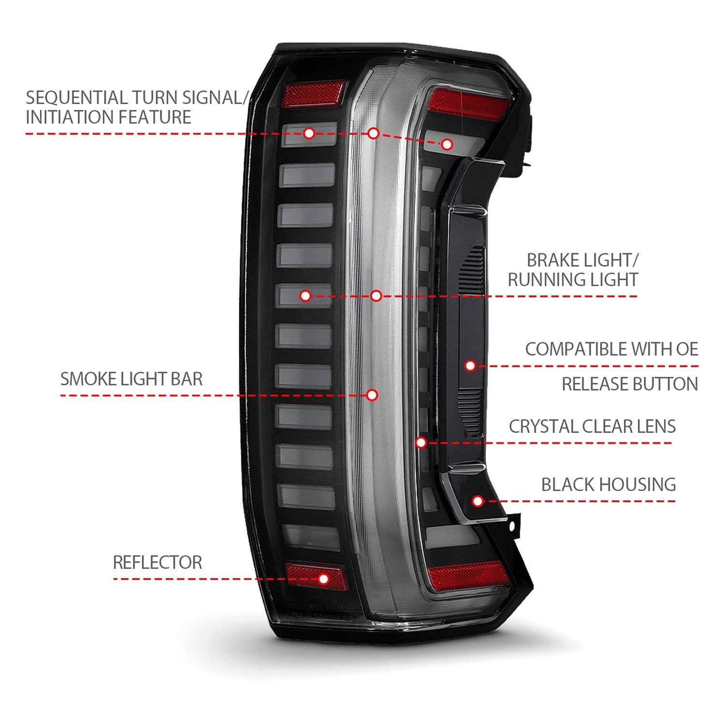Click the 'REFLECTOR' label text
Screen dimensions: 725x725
[157, 563]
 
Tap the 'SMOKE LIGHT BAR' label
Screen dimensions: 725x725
[131, 379]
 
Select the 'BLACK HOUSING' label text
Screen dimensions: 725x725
[608, 484]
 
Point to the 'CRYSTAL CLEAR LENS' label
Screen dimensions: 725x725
[592, 426]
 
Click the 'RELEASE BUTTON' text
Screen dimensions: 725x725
[629, 384]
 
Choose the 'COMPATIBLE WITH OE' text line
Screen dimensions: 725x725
[611, 349]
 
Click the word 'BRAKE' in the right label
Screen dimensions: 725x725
[554, 261]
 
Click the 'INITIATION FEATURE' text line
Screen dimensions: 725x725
[108, 117]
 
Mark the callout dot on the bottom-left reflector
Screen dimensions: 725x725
[323, 579]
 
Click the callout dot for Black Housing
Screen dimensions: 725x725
[478, 501]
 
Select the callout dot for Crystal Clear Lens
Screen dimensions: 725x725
[421, 442]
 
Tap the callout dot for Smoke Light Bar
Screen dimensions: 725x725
[372, 395]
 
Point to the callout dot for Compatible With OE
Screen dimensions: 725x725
[470, 366]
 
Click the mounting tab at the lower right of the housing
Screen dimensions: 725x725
[514, 525]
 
